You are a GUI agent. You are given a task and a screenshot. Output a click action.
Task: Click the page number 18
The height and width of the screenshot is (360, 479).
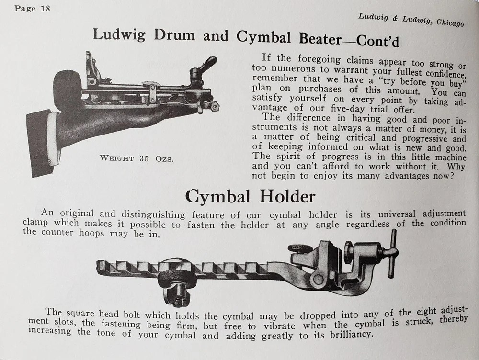click(x=45, y=8)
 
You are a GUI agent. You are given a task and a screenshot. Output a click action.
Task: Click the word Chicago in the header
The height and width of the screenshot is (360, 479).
click(x=450, y=22)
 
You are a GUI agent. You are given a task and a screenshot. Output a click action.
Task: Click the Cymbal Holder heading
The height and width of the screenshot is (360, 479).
click(x=250, y=197)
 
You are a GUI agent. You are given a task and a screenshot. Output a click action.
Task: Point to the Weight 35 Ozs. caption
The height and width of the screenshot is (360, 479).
click(x=137, y=159)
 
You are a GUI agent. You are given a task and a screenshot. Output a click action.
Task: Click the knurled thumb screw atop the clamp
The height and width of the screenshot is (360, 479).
click(x=300, y=247)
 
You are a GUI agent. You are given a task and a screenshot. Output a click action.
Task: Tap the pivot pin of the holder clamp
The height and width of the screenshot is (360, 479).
click(x=317, y=279)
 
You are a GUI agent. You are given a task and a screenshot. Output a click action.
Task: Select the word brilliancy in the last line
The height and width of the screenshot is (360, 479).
click(x=352, y=334)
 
